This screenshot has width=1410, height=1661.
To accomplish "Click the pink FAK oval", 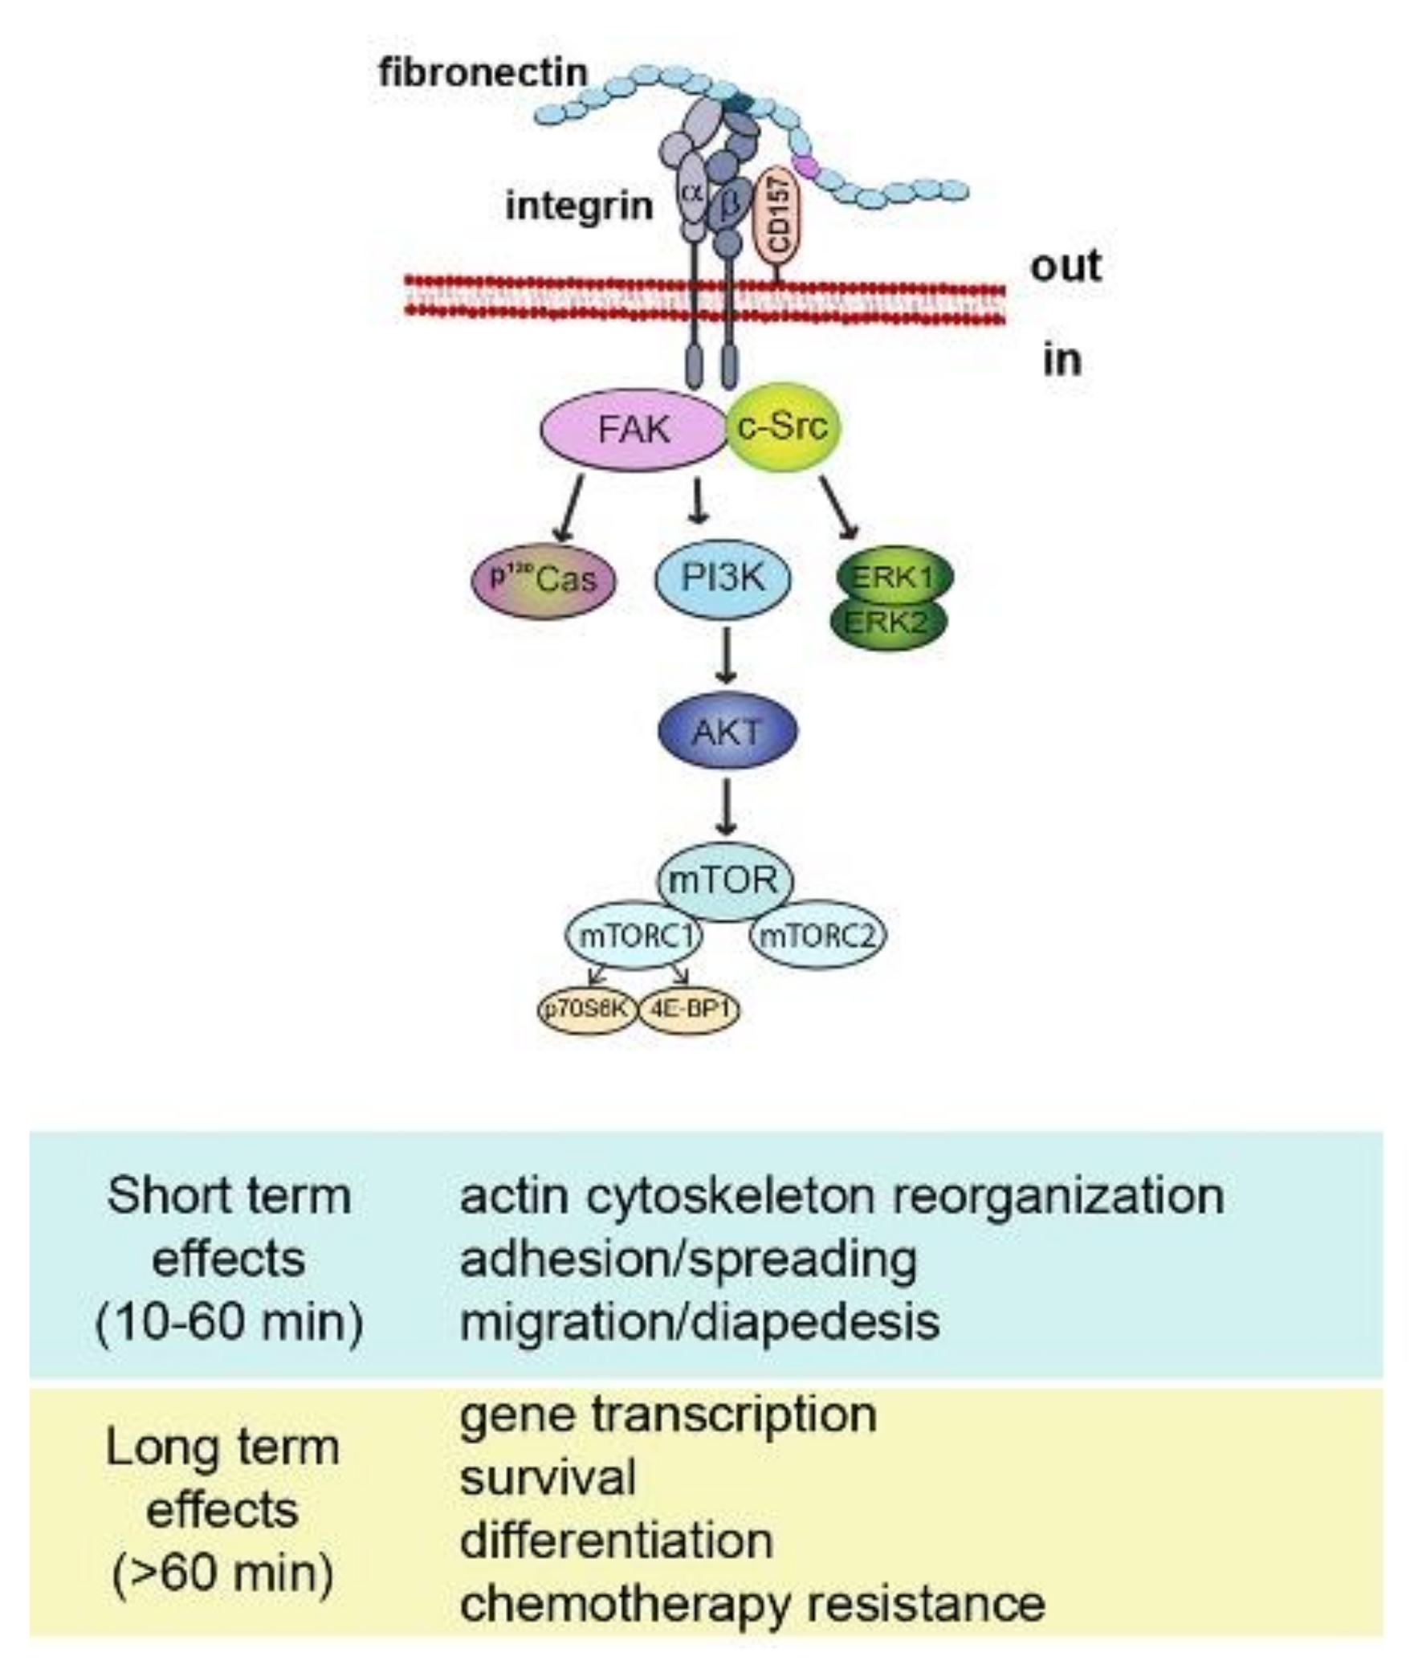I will [633, 430].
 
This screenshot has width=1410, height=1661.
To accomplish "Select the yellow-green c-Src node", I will [783, 426].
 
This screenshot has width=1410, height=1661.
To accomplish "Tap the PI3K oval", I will [723, 577].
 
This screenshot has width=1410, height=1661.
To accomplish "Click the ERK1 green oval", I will [894, 575].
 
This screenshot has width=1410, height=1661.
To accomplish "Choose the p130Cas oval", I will [544, 579].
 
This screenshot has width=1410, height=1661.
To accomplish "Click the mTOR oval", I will [724, 880].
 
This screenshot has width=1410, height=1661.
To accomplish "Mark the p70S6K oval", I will [586, 1009].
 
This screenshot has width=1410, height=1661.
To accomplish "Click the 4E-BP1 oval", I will [689, 1009].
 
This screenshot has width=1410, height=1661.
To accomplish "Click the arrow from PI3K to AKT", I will [727, 655].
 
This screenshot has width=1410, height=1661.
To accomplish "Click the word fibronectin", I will [483, 73].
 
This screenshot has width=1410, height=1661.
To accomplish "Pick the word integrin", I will [579, 206].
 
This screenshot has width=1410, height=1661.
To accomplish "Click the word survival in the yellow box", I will [548, 1477].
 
